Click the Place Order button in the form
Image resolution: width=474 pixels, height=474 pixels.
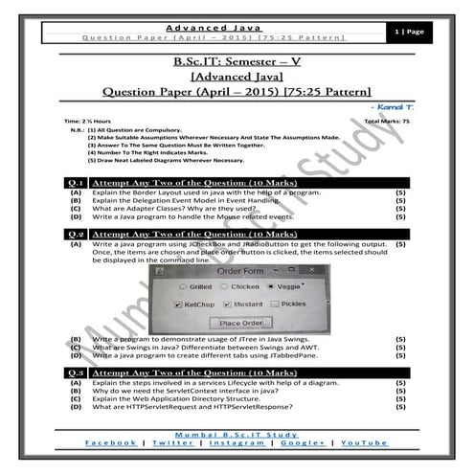coord(240,323)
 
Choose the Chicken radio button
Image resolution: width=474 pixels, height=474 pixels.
coord(223,285)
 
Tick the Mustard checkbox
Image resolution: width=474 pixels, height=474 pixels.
coord(227,305)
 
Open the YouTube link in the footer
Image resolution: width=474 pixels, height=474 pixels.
coord(364,442)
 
